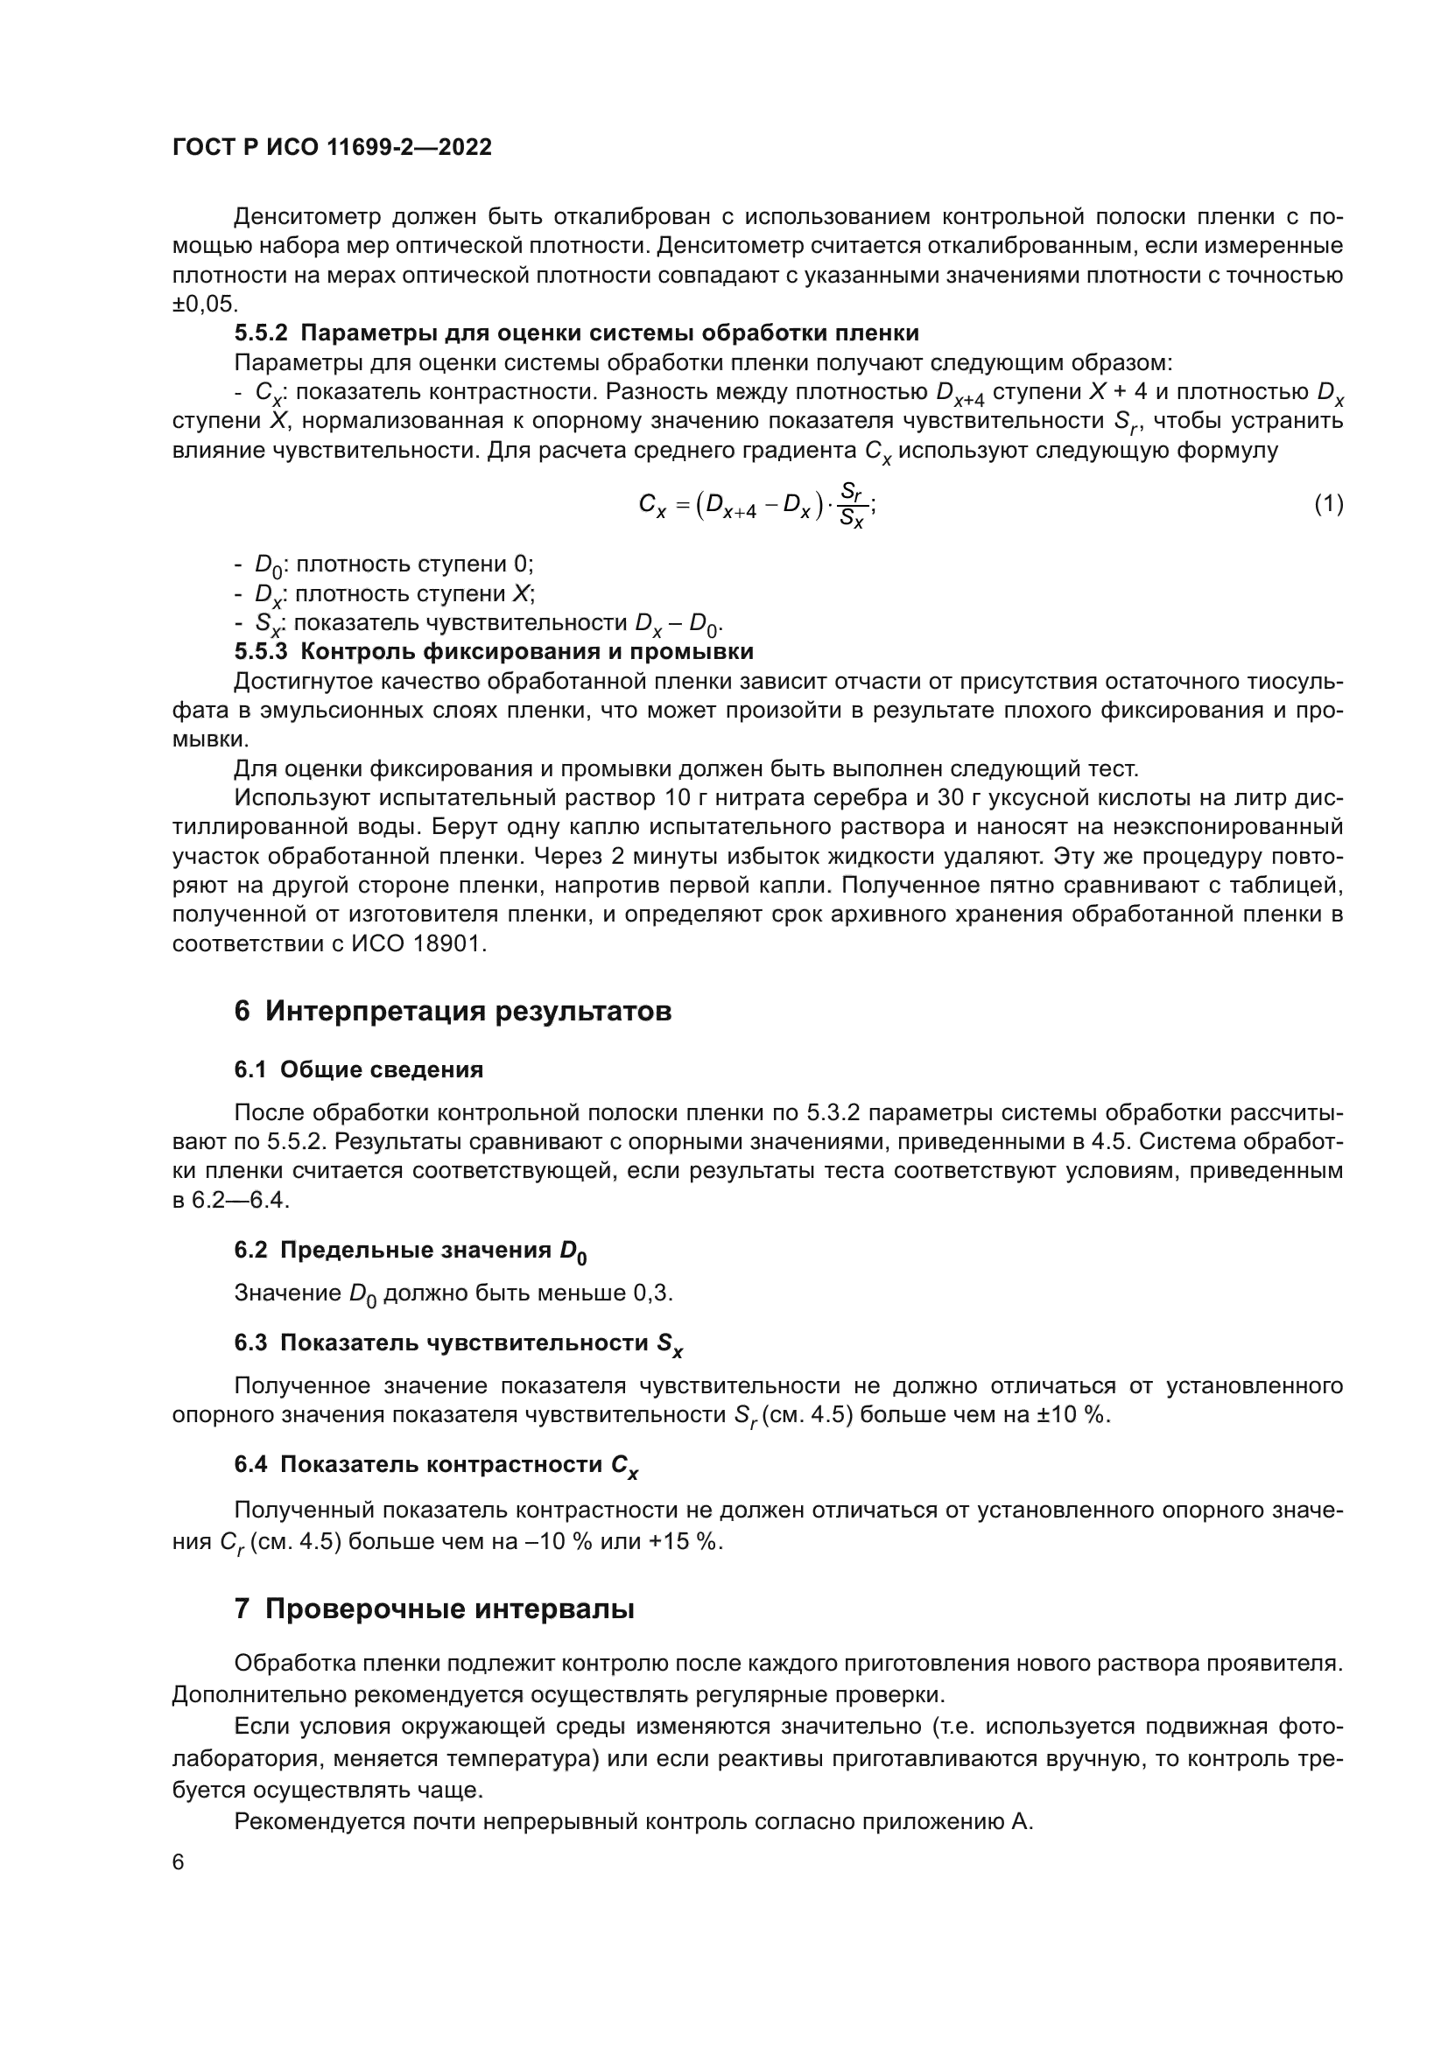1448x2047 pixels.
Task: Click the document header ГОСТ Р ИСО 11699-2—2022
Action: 332,148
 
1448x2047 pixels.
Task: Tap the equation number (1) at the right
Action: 1328,505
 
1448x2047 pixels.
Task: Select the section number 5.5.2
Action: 261,333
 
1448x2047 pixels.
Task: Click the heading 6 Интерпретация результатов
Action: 452,1012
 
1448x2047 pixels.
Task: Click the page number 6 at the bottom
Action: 179,1862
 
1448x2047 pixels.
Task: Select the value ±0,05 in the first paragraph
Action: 204,304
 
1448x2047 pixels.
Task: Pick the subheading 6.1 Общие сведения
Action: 358,1069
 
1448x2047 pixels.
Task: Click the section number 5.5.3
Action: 261,652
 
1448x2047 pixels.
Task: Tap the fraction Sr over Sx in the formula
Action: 853,505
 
